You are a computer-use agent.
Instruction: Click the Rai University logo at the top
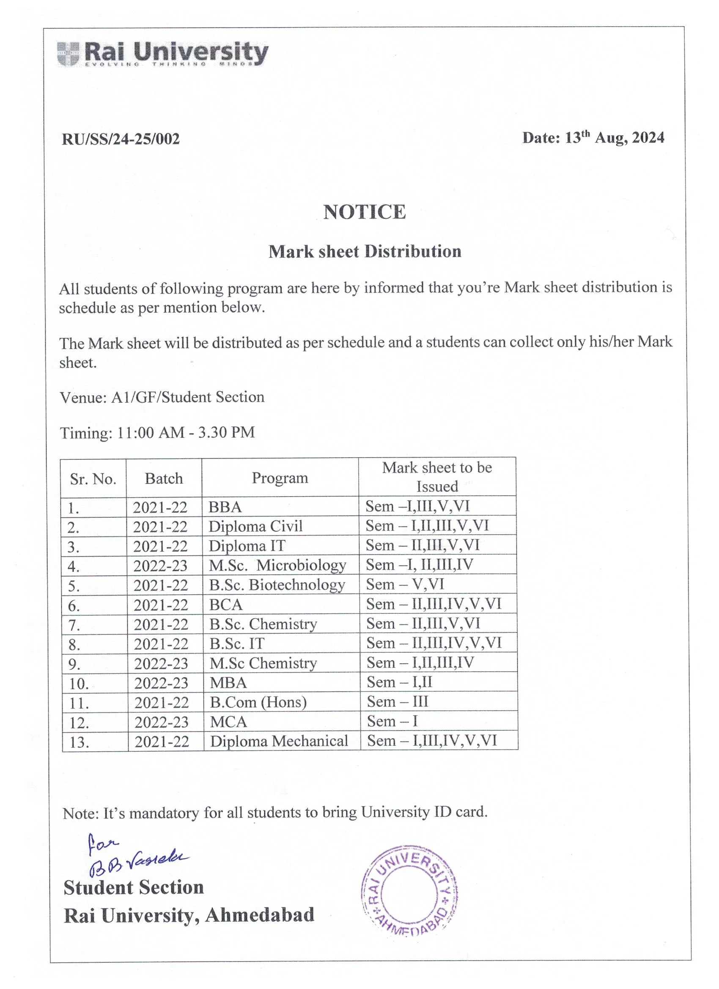162,54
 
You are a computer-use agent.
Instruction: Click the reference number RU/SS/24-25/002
121,139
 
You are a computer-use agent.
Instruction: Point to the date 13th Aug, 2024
593,138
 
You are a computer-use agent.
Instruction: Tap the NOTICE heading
365,212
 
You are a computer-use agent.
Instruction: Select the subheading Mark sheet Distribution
365,252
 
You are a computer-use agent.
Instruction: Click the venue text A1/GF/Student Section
187,397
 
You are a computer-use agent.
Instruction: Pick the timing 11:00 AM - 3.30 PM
186,432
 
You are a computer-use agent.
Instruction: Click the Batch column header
164,478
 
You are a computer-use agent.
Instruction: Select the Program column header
280,478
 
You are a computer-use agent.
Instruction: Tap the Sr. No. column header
93,479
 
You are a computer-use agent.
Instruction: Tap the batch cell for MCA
161,722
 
